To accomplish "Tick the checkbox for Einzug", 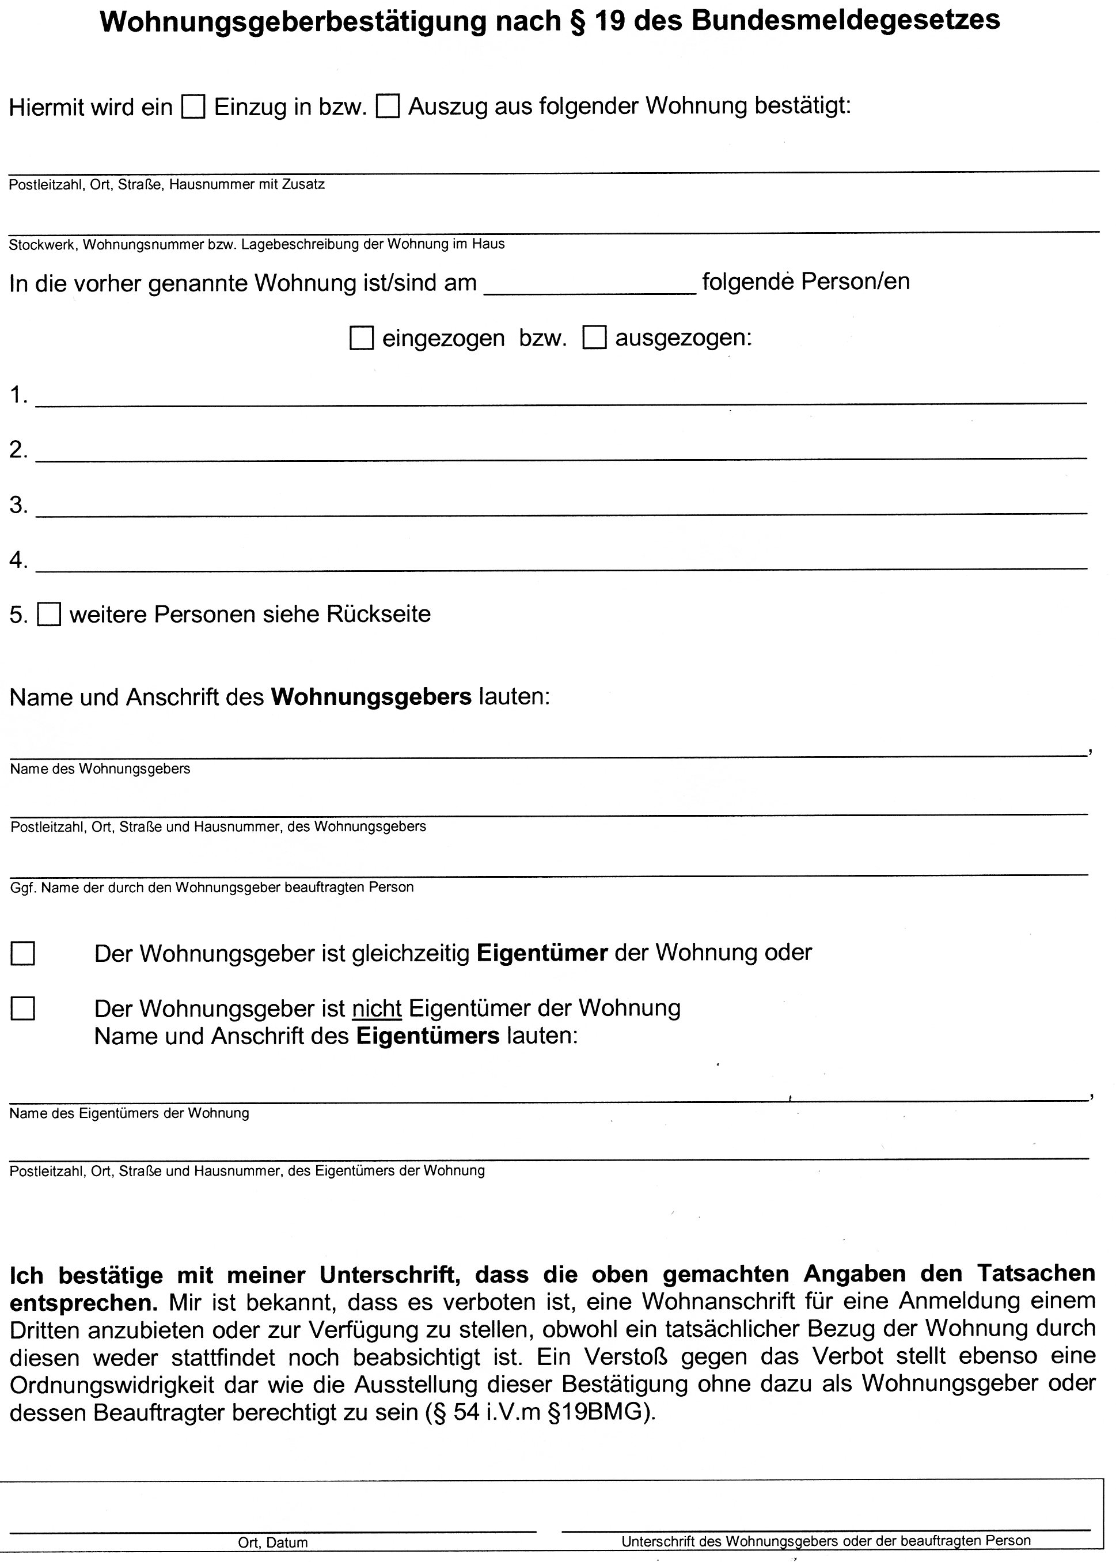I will [x=193, y=107].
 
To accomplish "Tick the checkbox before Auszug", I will [x=388, y=107].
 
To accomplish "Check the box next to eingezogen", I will [x=362, y=339].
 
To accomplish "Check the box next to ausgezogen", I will [x=594, y=339].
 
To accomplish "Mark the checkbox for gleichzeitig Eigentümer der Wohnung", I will [x=22, y=953].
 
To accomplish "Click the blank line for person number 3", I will [x=560, y=509].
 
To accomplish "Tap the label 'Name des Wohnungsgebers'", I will [x=100, y=769].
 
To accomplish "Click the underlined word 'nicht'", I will [x=377, y=1008].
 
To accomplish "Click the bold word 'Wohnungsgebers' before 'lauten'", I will [x=371, y=697].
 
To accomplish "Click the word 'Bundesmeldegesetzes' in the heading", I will [x=845, y=21].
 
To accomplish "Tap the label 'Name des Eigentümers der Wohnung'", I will [x=129, y=1113].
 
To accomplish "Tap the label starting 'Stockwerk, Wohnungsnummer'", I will [x=256, y=244].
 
